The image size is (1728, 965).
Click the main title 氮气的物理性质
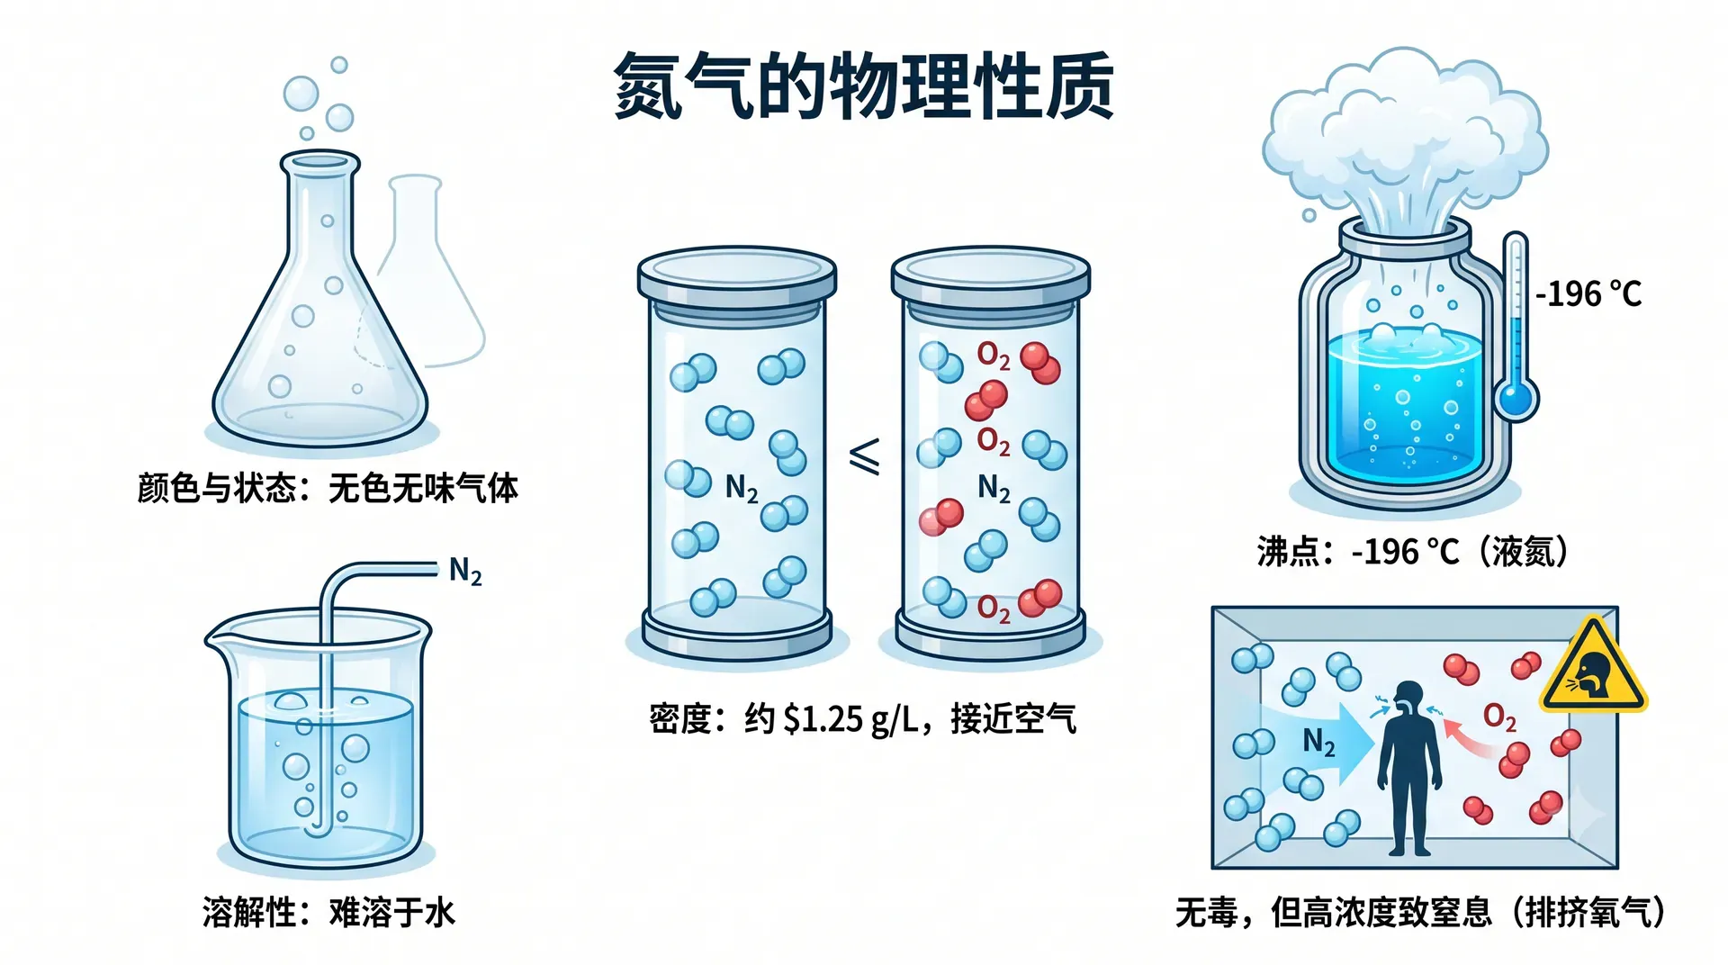tap(864, 86)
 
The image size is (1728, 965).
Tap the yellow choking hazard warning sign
tap(1593, 667)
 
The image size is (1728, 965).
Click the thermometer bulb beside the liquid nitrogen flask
tap(1516, 397)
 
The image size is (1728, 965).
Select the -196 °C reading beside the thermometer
tap(1588, 293)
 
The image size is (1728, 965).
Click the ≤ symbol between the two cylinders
tap(865, 456)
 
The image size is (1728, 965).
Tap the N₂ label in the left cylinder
tap(742, 489)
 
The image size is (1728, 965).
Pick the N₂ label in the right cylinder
tap(994, 489)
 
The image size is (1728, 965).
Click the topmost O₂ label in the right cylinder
tap(994, 356)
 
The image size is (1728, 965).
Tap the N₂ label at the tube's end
tap(465, 571)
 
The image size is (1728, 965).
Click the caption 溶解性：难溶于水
tap(328, 913)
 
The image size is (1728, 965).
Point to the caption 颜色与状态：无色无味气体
tap(328, 489)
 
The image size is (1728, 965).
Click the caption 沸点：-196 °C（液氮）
tap(1413, 551)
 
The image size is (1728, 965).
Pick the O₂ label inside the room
tap(1499, 717)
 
